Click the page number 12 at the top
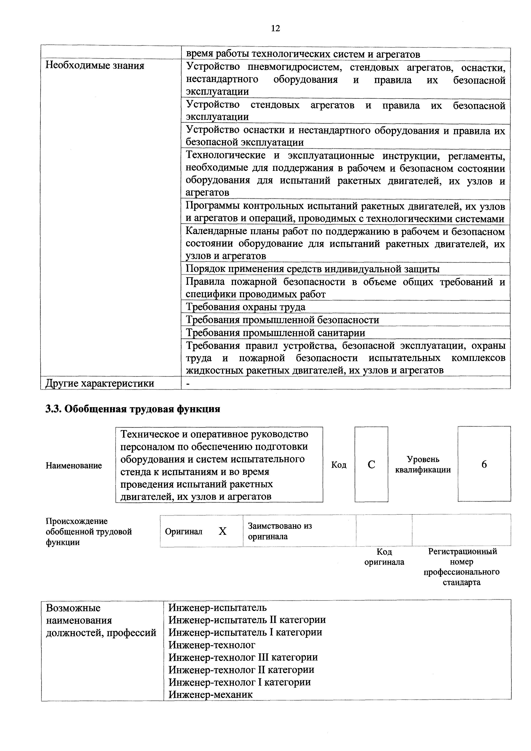click(x=276, y=28)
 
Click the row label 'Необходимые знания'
click(x=95, y=66)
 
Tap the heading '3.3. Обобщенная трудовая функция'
click(x=133, y=409)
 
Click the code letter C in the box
click(x=371, y=465)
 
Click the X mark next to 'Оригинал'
click(x=222, y=531)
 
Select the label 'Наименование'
click(x=74, y=465)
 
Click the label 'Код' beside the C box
click(x=339, y=465)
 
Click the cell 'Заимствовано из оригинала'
click(x=280, y=531)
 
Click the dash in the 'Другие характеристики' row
click(x=188, y=383)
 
